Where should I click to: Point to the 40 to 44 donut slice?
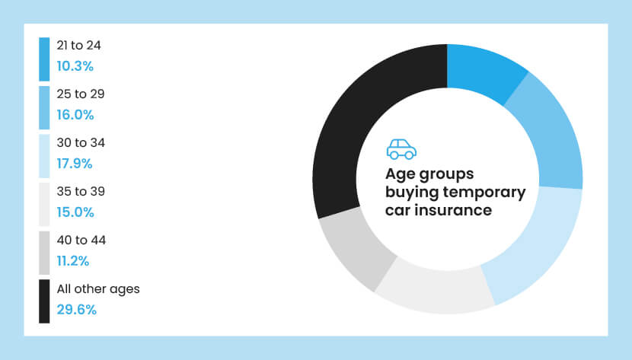click(x=354, y=252)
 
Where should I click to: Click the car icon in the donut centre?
click(x=401, y=148)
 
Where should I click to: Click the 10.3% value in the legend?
click(x=75, y=66)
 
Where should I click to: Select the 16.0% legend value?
click(x=75, y=115)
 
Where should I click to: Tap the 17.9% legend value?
click(x=75, y=164)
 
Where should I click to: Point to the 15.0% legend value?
click(x=75, y=212)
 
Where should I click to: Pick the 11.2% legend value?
click(x=73, y=261)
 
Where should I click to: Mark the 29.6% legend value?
click(x=75, y=310)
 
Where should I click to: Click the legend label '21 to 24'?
click(x=79, y=46)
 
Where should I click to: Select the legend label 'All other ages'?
click(x=98, y=289)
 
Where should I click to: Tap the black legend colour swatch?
click(x=44, y=301)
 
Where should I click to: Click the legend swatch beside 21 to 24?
click(x=44, y=59)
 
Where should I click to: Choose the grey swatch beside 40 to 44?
click(x=44, y=253)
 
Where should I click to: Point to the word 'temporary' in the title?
click(x=488, y=192)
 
